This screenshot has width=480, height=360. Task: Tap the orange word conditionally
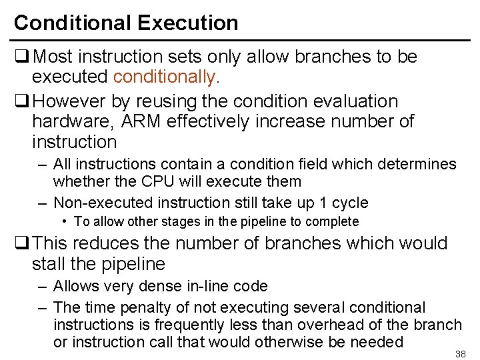point(165,77)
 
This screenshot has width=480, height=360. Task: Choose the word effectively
point(215,122)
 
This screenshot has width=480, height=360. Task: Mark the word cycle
point(349,203)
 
